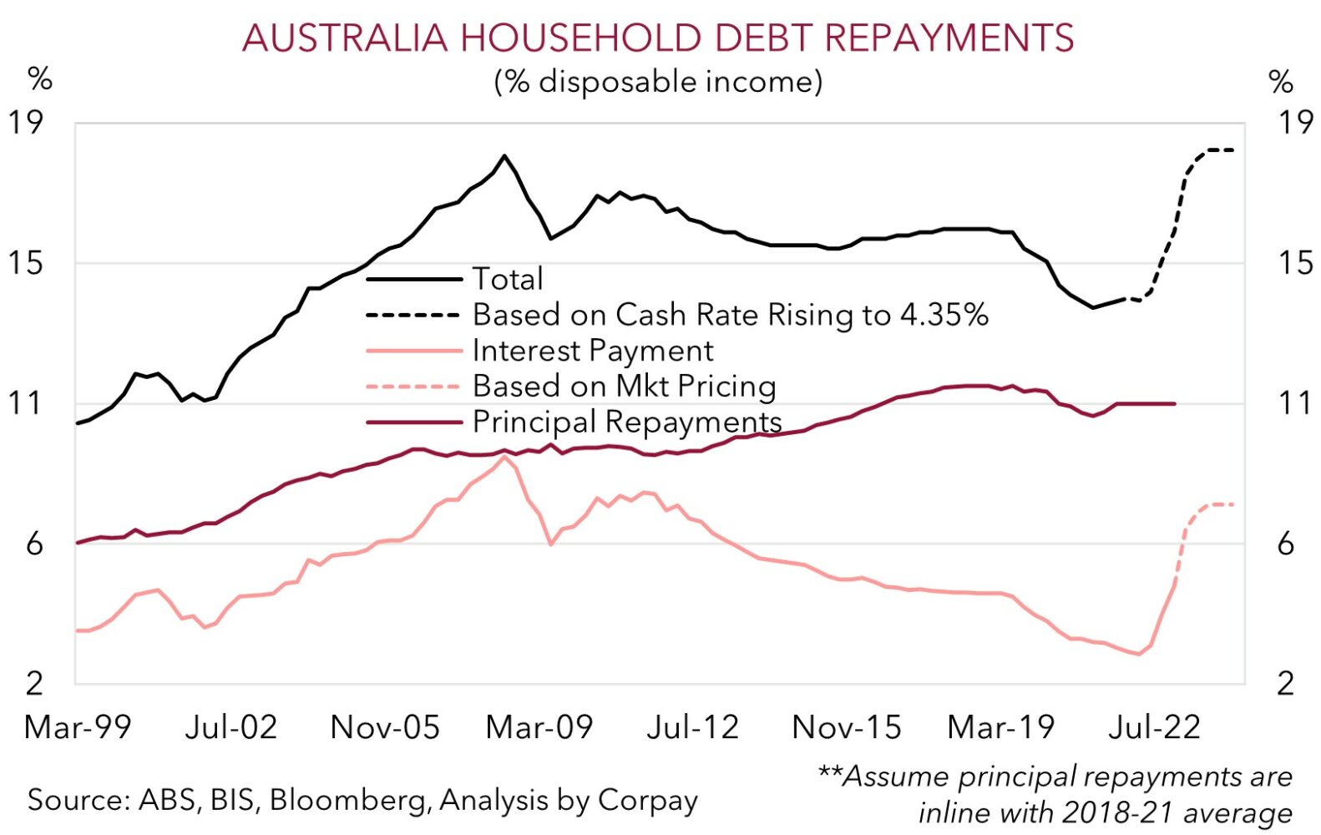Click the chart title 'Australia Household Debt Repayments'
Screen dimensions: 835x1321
658,38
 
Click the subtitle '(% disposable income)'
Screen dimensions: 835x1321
658,82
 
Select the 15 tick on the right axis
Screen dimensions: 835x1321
1295,263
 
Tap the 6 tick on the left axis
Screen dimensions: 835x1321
33,544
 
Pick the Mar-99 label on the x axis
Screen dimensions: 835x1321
78,726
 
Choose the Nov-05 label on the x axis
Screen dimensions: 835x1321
385,726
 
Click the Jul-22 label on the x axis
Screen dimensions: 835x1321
1155,726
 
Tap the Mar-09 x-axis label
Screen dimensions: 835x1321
539,726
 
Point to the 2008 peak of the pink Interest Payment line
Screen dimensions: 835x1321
504,456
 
